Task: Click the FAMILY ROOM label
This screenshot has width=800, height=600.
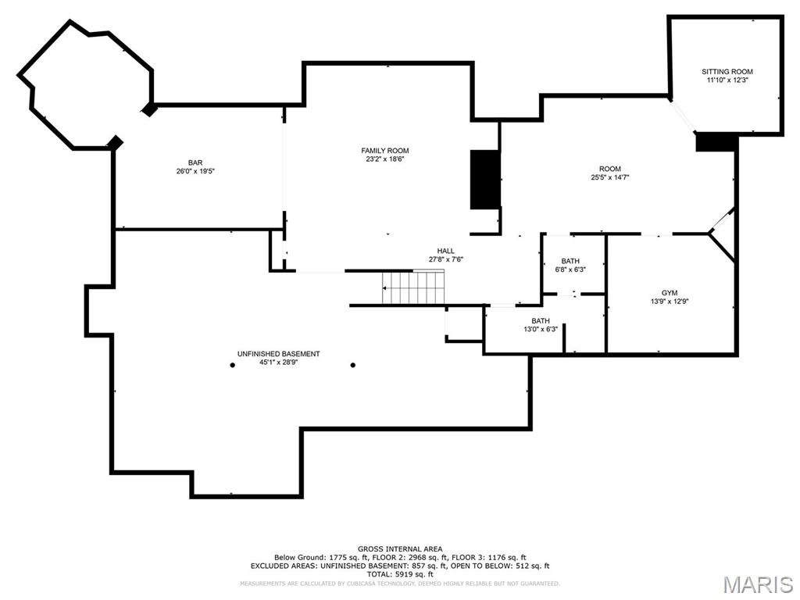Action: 384,151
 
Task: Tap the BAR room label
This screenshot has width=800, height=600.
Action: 195,162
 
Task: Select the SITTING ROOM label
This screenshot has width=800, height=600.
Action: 727,72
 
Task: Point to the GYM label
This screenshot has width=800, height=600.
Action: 669,292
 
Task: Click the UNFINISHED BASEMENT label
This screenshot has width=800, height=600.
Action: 278,354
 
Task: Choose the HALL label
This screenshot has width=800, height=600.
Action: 445,251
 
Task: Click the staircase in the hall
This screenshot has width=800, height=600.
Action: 413,287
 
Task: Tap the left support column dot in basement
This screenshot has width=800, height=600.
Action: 232,365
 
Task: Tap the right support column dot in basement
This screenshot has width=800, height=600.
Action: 353,365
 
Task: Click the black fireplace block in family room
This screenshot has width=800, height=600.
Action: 484,180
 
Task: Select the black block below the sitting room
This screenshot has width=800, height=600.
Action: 716,142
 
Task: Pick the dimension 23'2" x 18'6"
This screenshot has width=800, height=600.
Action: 384,159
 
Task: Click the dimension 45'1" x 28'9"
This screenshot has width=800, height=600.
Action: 278,362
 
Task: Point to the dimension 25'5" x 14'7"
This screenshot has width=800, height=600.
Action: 609,177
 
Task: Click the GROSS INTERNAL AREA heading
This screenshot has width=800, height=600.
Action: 400,549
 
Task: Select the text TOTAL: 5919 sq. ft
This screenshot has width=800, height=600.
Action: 400,573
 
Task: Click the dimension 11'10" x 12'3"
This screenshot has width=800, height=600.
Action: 727,80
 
